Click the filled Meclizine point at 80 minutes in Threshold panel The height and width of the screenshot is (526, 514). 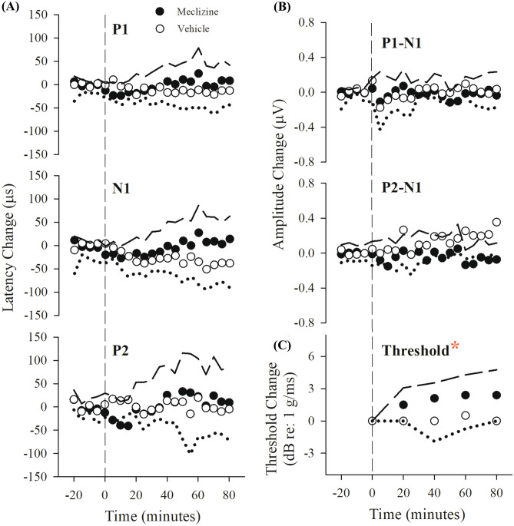[x=497, y=395]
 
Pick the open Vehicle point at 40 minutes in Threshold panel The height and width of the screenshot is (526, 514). [x=434, y=421]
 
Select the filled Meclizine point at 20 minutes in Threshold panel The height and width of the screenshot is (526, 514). [x=403, y=405]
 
